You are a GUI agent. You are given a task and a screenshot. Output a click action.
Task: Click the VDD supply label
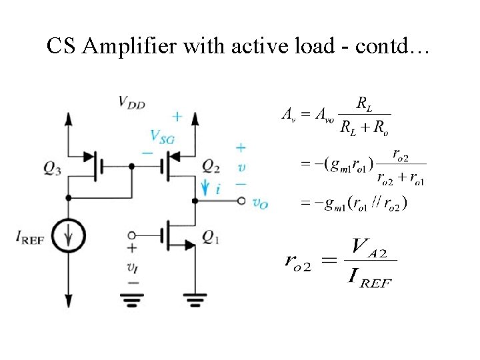click(x=132, y=102)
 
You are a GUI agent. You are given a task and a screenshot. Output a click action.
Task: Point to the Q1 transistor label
click(x=211, y=239)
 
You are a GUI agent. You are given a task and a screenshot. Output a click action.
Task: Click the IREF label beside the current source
click(x=29, y=238)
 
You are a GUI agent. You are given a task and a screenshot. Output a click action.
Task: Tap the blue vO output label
click(x=260, y=203)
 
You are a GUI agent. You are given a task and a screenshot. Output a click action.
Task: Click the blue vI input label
click(x=133, y=268)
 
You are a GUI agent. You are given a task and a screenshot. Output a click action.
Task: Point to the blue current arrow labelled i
click(x=209, y=189)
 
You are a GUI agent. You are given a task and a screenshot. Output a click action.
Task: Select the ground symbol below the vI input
click(x=132, y=301)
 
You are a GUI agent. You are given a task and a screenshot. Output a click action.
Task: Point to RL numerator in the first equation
click(x=364, y=103)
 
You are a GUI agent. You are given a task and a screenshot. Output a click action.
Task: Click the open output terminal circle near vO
click(x=239, y=201)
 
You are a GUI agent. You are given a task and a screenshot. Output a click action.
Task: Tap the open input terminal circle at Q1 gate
click(x=132, y=235)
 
